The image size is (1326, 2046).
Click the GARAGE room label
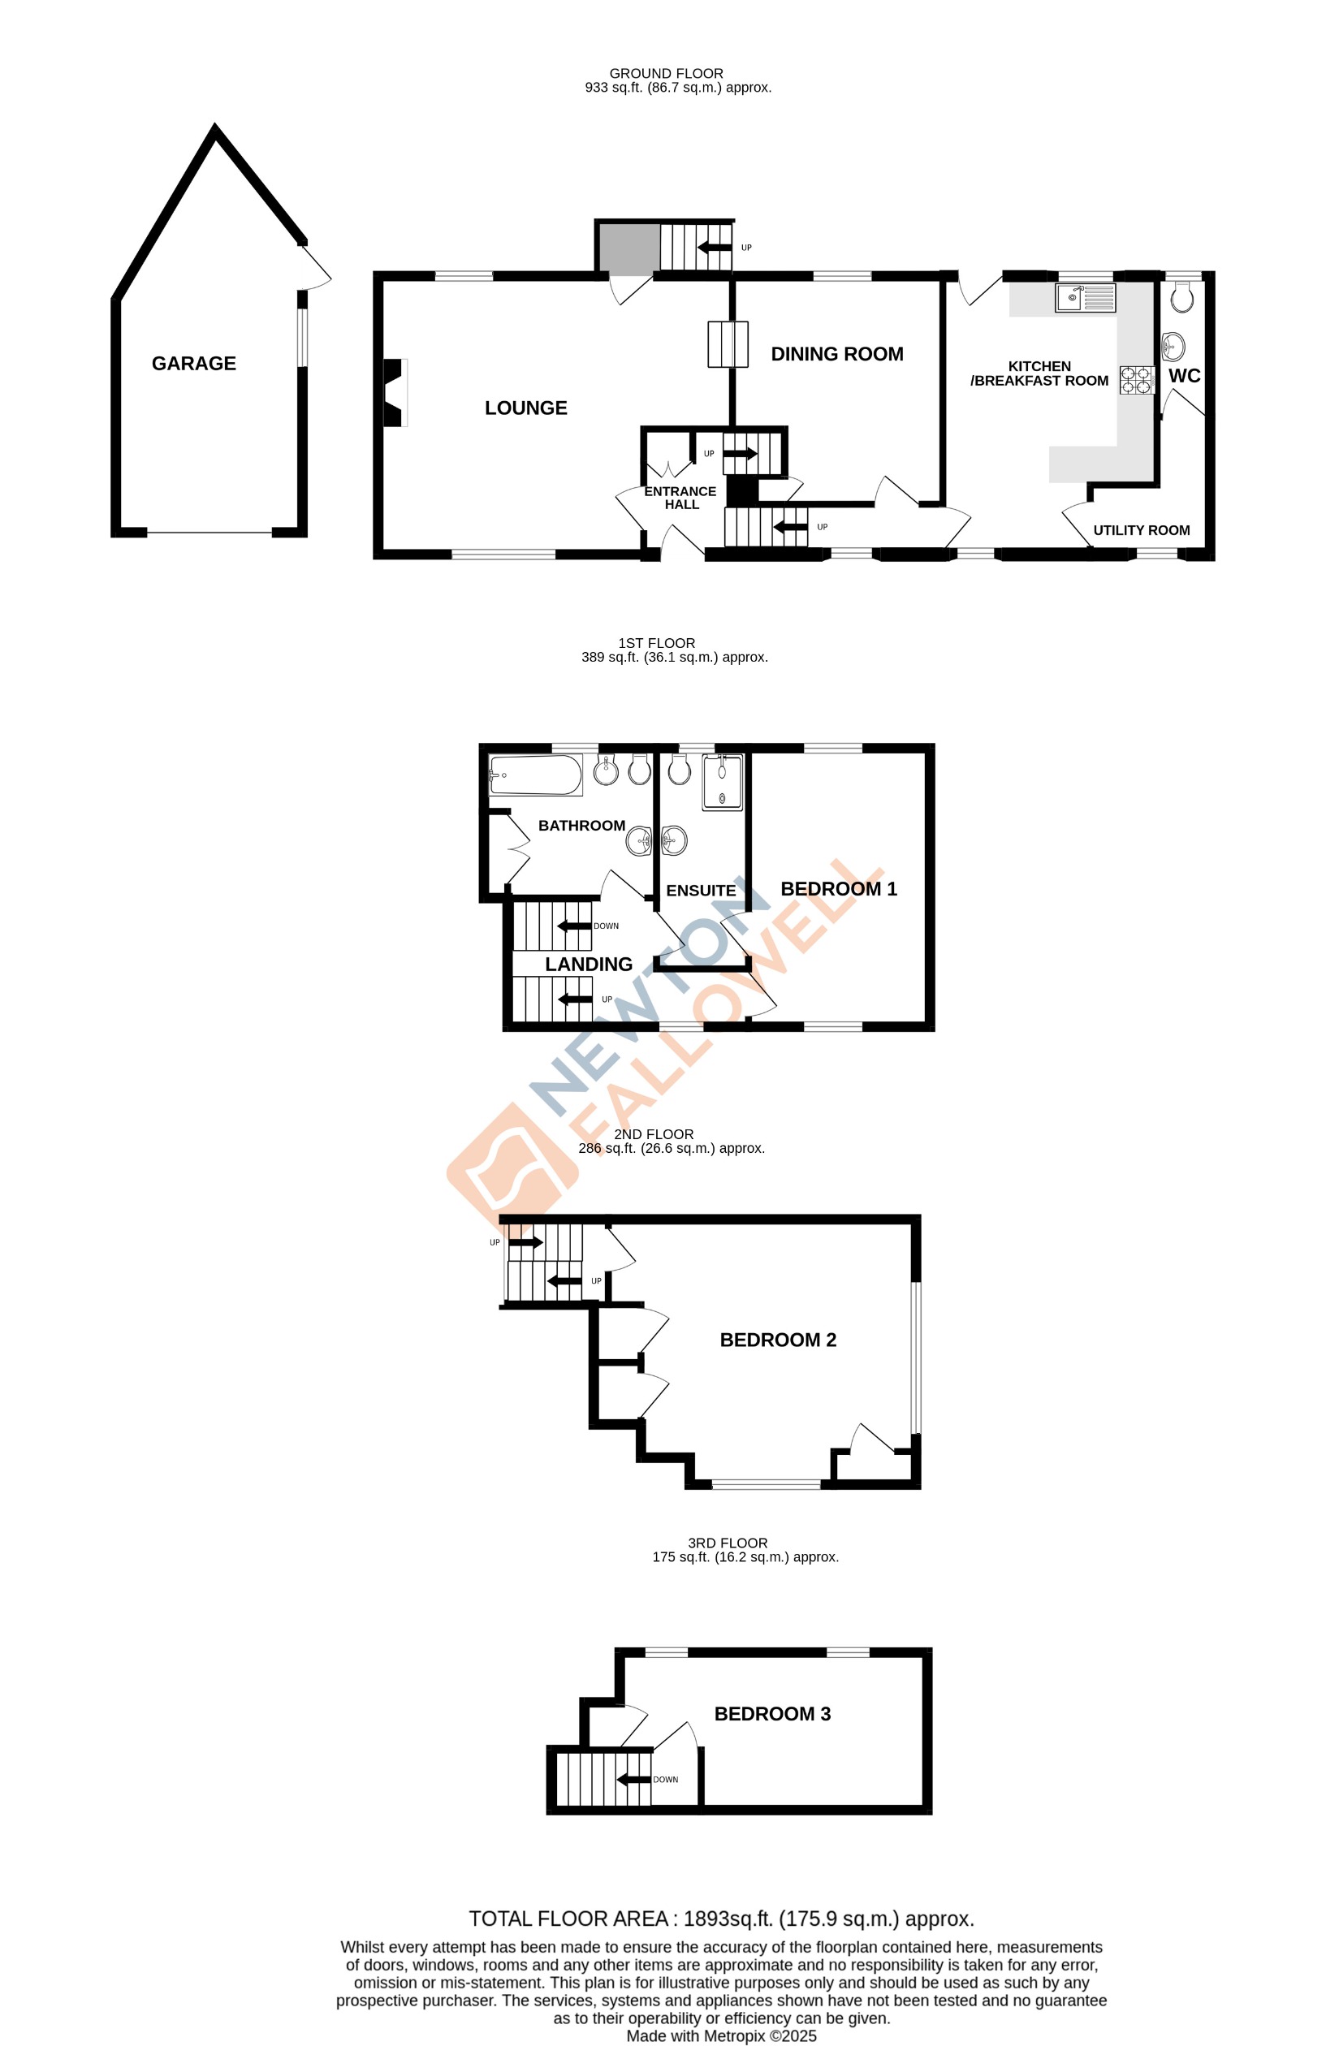(x=193, y=364)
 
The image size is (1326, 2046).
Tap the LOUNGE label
(x=525, y=408)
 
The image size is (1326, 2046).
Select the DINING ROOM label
(x=836, y=354)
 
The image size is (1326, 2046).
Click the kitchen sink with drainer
(x=1085, y=298)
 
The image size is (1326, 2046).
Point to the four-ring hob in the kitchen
(x=1135, y=380)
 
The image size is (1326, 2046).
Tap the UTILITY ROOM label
(x=1140, y=530)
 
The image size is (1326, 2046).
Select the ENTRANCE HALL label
(x=680, y=498)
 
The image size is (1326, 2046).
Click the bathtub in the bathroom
(x=535, y=775)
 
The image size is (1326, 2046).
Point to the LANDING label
(x=588, y=965)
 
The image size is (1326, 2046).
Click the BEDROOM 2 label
(x=777, y=1340)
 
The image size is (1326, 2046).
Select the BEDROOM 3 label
(x=771, y=1713)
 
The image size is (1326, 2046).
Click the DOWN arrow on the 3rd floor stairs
(x=633, y=1779)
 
